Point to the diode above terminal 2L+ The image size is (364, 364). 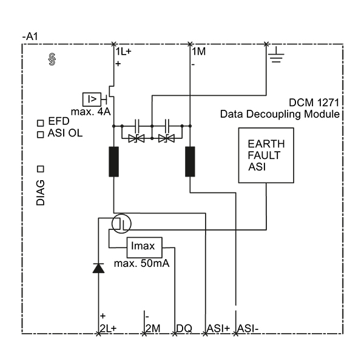pyautogui.click(x=98, y=268)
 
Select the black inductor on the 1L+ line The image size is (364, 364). pyautogui.click(x=114, y=161)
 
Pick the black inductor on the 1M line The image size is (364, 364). pyautogui.click(x=190, y=161)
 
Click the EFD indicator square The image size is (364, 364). pyautogui.click(x=41, y=123)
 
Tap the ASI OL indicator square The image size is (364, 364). pyautogui.click(x=41, y=135)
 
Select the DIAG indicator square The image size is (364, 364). pyautogui.click(x=41, y=169)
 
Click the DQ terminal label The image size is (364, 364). pyautogui.click(x=184, y=328)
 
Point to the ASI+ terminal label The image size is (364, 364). pyautogui.click(x=218, y=328)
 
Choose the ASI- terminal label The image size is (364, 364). pyautogui.click(x=248, y=328)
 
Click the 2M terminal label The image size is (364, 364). pyautogui.click(x=153, y=328)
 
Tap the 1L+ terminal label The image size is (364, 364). pyautogui.click(x=124, y=52)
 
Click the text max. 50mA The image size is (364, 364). pyautogui.click(x=141, y=263)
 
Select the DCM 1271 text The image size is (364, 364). pyautogui.click(x=314, y=103)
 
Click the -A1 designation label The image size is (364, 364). pyautogui.click(x=30, y=36)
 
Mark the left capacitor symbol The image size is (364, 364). pyautogui.click(x=137, y=126)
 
